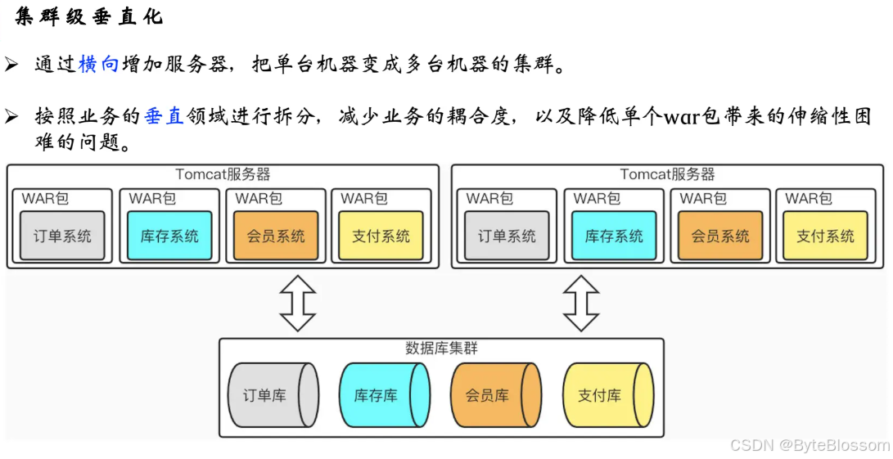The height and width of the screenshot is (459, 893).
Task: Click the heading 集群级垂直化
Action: pyautogui.click(x=88, y=17)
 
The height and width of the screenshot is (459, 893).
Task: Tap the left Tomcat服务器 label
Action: pyautogui.click(x=223, y=174)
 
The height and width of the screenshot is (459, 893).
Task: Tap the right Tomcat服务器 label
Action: pyautogui.click(x=667, y=174)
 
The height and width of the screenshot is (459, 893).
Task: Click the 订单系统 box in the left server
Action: pyautogui.click(x=63, y=236)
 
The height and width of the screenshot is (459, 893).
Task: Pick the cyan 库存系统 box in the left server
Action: pyautogui.click(x=169, y=236)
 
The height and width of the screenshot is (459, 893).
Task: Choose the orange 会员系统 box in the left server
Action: pyautogui.click(x=276, y=236)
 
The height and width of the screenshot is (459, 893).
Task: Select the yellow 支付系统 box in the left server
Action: pyautogui.click(x=381, y=236)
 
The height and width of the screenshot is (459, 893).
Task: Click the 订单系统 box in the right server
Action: pyautogui.click(x=507, y=236)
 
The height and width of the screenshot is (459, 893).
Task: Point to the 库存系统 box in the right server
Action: pyautogui.click(x=614, y=236)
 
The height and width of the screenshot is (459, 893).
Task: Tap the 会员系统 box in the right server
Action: pyautogui.click(x=720, y=236)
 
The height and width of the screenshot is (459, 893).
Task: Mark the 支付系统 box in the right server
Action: pyautogui.click(x=825, y=236)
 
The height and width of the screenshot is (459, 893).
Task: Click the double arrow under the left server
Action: pyautogui.click(x=298, y=303)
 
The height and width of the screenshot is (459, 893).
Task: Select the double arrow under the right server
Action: pyautogui.click(x=581, y=303)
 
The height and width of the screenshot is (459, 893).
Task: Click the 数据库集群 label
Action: pyautogui.click(x=441, y=348)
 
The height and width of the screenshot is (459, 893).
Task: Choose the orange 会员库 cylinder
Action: pyautogui.click(x=494, y=395)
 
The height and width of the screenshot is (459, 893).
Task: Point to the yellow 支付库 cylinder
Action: pyautogui.click(x=607, y=395)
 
